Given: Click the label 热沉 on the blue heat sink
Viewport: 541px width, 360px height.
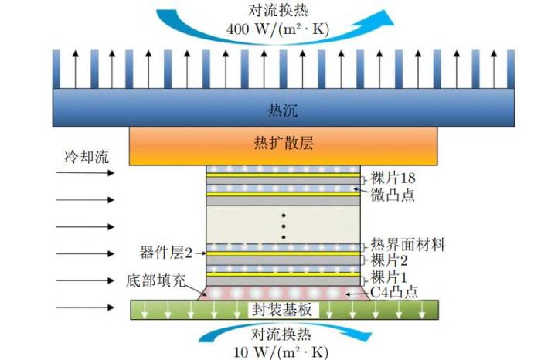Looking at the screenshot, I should (284, 107).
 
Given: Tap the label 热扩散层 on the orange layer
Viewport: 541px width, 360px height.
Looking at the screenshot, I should (284, 144).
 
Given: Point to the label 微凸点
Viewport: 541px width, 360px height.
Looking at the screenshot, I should (393, 194).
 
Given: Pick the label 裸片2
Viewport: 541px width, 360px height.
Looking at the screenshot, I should (389, 260).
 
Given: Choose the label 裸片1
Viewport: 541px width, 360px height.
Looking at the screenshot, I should (389, 277).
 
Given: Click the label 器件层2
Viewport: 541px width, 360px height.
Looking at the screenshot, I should (165, 252).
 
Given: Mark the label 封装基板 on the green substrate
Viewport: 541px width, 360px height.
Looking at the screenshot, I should (283, 310).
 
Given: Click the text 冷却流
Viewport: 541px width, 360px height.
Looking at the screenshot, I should (86, 157).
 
